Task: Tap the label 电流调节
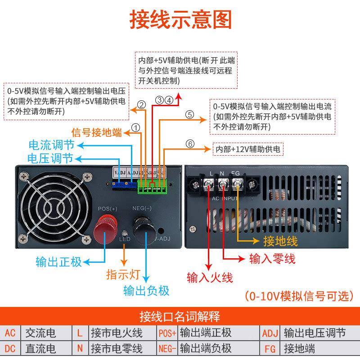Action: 50,145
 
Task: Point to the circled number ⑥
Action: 190,144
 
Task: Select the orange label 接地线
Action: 280,241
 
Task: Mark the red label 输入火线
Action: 210,277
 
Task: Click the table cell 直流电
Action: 40,348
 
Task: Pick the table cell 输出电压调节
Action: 315,333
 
